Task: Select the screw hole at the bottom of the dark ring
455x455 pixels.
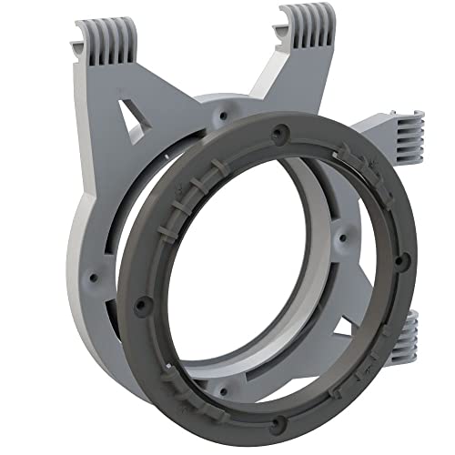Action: [279, 420]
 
